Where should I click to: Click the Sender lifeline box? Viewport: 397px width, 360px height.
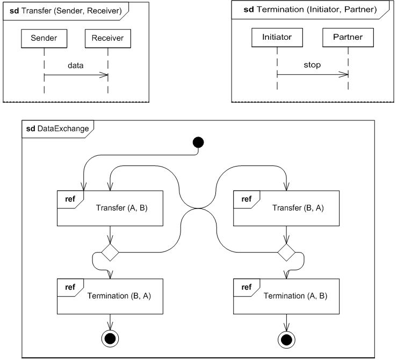pyautogui.click(x=44, y=38)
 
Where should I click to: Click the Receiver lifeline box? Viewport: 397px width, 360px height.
pyautogui.click(x=107, y=38)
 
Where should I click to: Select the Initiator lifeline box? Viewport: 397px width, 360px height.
pyautogui.click(x=277, y=38)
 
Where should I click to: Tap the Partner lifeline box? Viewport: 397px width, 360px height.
pyautogui.click(x=348, y=38)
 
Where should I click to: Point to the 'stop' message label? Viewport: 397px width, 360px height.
pyautogui.click(x=312, y=65)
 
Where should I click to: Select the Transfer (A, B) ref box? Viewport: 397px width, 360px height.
pyautogui.click(x=110, y=208)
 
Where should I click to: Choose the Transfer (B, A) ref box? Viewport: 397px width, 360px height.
pyautogui.click(x=287, y=208)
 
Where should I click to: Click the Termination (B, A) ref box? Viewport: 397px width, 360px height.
pyautogui.click(x=110, y=296)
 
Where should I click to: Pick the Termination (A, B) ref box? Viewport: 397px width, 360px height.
pyautogui.click(x=287, y=296)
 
